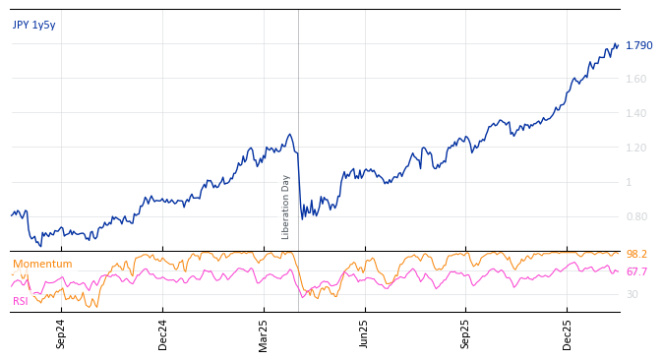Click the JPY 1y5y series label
click(x=33, y=26)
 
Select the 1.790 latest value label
click(x=638, y=46)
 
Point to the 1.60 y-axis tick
click(x=635, y=80)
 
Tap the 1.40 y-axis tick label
click(x=635, y=114)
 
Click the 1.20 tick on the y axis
click(x=635, y=149)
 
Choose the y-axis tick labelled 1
click(x=629, y=183)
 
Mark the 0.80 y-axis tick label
click(x=635, y=217)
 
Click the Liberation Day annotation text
click(x=286, y=207)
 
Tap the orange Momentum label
click(x=42, y=265)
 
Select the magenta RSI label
click(x=21, y=301)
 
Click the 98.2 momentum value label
click(x=636, y=255)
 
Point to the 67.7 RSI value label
click(x=636, y=272)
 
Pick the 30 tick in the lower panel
click(x=632, y=295)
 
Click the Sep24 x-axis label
click(x=61, y=333)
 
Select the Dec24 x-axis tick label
click(x=163, y=333)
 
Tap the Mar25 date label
click(x=264, y=333)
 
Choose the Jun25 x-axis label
click(x=364, y=333)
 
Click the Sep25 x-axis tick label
click(x=466, y=333)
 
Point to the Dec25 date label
click(x=568, y=333)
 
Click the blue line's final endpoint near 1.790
click(x=618, y=44)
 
